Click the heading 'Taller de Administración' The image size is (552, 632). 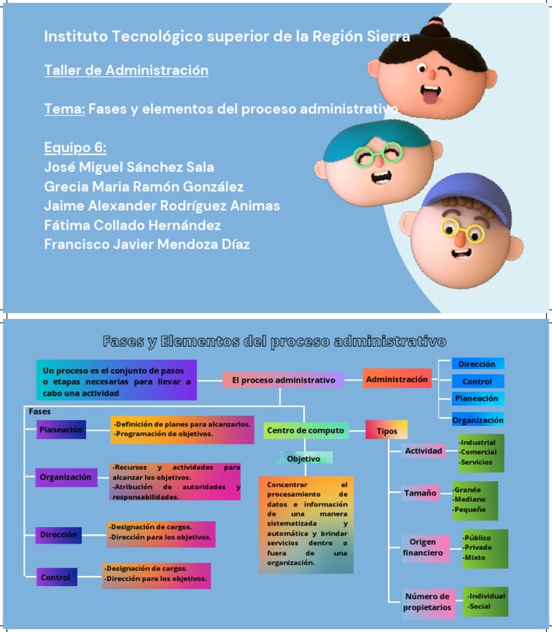[x=126, y=70]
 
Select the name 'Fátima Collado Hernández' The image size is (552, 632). [x=132, y=225]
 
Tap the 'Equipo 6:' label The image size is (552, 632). [x=75, y=147]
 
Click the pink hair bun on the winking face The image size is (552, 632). [x=435, y=22]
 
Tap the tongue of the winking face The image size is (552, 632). [x=429, y=96]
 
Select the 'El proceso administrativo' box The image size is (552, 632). [x=283, y=380]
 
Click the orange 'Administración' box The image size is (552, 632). [x=397, y=379]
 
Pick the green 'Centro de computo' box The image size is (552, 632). [x=306, y=430]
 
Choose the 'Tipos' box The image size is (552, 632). [x=387, y=429]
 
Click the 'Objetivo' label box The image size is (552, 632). [x=305, y=458]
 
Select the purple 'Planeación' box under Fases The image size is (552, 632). [x=61, y=429]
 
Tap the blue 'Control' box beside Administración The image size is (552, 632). [x=478, y=381]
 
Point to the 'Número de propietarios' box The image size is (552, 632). [x=428, y=602]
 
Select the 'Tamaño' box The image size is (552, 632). [x=420, y=493]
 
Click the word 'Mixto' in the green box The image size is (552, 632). [x=474, y=557]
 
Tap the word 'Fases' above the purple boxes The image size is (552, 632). [x=40, y=412]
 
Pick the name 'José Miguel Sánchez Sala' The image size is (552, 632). [x=129, y=167]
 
